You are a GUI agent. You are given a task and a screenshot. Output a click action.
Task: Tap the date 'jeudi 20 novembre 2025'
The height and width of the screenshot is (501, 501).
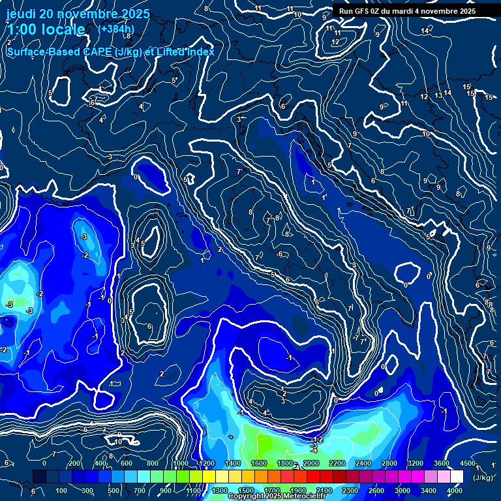(78, 14)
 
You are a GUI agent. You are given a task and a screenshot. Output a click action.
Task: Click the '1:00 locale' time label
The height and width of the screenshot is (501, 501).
(46, 30)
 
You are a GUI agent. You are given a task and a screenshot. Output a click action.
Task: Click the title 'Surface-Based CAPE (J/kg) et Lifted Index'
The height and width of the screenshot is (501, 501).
(110, 52)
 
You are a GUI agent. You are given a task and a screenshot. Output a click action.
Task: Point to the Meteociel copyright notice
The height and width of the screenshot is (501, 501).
(277, 496)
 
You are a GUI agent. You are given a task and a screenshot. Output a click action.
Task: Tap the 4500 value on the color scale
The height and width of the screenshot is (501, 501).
(467, 463)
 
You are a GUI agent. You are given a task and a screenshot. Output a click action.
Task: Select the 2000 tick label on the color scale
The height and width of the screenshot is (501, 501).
(311, 463)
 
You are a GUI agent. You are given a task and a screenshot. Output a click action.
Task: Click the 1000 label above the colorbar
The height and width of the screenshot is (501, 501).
(180, 463)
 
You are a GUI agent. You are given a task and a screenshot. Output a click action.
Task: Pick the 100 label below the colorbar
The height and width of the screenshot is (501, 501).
(61, 491)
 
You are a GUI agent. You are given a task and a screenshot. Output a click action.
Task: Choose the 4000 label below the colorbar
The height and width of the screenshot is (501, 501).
(455, 491)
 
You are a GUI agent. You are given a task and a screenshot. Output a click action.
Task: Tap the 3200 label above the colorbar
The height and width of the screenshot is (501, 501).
(416, 463)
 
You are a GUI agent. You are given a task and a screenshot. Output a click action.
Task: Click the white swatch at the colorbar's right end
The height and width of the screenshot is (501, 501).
(456, 477)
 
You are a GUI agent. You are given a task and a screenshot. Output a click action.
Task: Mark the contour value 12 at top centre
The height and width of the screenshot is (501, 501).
(335, 42)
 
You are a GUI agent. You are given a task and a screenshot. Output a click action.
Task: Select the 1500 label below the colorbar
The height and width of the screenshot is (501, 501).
(245, 491)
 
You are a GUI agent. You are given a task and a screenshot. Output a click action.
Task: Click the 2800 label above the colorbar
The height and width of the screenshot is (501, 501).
(389, 463)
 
